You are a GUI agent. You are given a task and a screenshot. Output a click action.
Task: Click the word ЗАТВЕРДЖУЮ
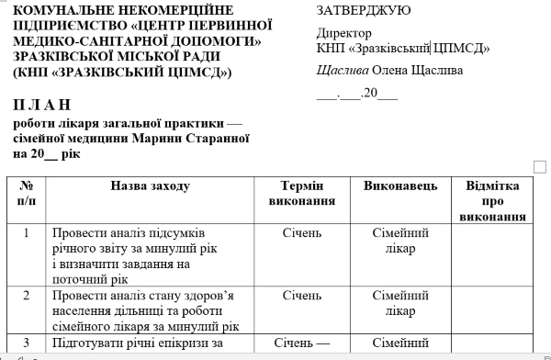tap(363, 10)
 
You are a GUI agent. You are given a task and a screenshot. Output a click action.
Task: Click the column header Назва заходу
tap(150, 186)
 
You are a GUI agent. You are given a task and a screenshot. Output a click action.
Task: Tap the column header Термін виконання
tap(301, 193)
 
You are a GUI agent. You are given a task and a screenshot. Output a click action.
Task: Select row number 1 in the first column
tap(26, 233)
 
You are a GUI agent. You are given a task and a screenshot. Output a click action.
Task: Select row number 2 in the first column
tap(26, 296)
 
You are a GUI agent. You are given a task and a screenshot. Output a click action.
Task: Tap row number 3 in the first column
tap(26, 343)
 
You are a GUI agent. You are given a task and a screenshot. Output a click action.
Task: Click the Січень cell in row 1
tap(301, 233)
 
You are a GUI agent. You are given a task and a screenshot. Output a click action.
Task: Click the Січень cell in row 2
tap(301, 296)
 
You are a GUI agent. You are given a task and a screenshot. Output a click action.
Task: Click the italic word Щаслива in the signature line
tap(343, 70)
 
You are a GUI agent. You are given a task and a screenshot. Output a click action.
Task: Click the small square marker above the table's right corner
tap(540, 165)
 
